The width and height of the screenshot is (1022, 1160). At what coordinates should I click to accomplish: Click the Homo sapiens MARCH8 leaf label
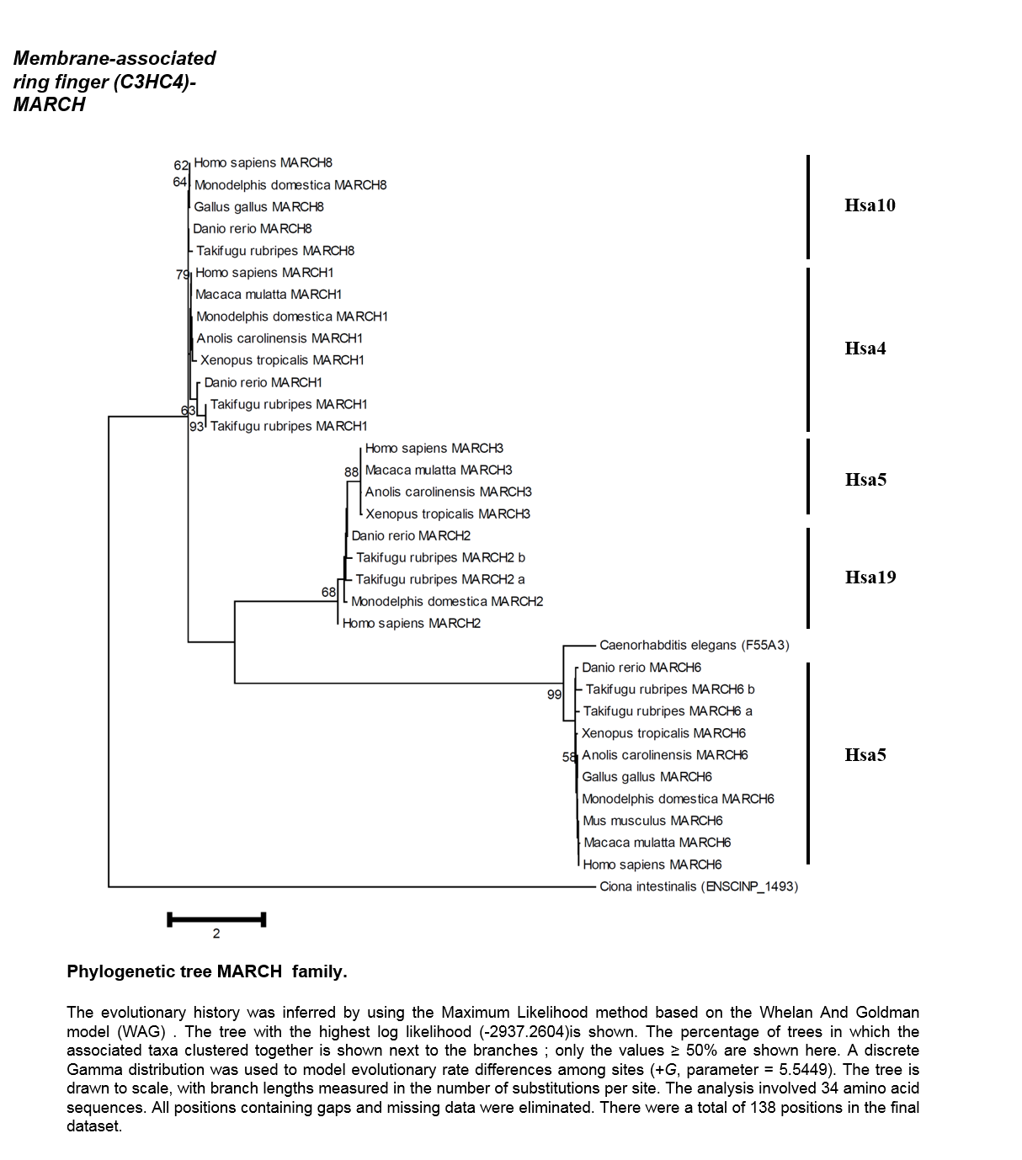pyautogui.click(x=263, y=162)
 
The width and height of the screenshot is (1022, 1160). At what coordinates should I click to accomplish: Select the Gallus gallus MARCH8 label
pyautogui.click(x=258, y=207)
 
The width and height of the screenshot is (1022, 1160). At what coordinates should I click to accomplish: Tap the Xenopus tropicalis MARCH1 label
pyautogui.click(x=282, y=360)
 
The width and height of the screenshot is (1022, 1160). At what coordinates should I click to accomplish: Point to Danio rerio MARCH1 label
pyautogui.click(x=263, y=382)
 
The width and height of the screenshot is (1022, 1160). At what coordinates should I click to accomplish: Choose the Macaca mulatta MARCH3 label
pyautogui.click(x=439, y=470)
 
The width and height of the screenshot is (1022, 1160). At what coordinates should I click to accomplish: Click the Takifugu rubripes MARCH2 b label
pyautogui.click(x=440, y=557)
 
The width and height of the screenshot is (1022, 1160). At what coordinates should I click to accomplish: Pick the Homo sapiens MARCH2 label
pyautogui.click(x=412, y=623)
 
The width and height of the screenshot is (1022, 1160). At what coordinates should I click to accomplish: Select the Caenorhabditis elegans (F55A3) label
pyautogui.click(x=695, y=646)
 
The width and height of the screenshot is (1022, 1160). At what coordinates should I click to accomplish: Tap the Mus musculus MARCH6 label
pyautogui.click(x=652, y=821)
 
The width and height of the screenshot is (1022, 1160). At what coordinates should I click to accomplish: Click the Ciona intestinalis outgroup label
pyautogui.click(x=699, y=886)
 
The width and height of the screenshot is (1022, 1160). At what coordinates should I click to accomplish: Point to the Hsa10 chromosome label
pyautogui.click(x=870, y=205)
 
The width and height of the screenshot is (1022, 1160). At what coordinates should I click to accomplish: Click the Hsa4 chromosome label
pyautogui.click(x=865, y=349)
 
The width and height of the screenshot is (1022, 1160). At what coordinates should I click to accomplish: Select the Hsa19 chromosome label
pyautogui.click(x=870, y=577)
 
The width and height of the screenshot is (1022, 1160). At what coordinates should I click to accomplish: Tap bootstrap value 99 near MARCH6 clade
pyautogui.click(x=554, y=694)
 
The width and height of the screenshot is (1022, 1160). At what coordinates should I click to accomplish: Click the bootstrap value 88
pyautogui.click(x=352, y=471)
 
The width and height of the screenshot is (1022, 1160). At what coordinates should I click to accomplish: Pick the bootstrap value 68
pyautogui.click(x=328, y=592)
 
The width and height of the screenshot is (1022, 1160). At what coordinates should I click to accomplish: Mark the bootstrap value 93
pyautogui.click(x=197, y=427)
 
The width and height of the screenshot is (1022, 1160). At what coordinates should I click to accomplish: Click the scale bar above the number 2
pyautogui.click(x=216, y=919)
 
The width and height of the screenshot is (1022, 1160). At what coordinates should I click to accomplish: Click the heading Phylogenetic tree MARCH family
pyautogui.click(x=207, y=971)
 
